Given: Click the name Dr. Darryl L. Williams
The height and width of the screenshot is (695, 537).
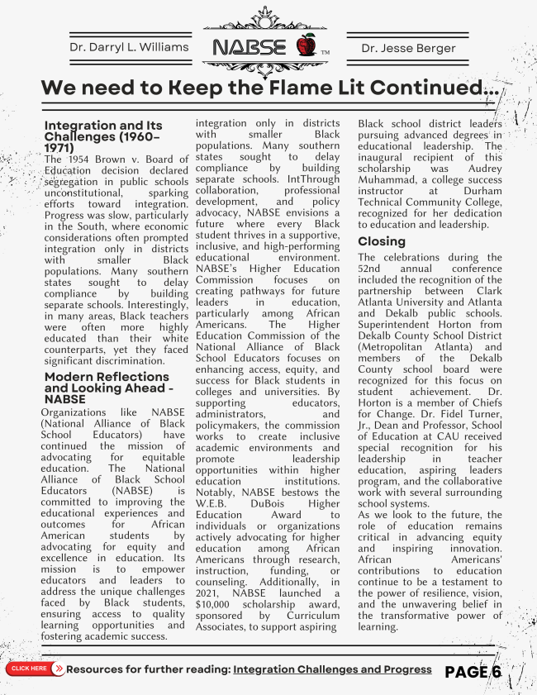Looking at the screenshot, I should (x=129, y=47).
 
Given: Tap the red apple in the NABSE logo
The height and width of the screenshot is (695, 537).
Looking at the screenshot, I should (x=306, y=45).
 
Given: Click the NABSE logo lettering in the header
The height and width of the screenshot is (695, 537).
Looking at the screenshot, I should (x=251, y=46).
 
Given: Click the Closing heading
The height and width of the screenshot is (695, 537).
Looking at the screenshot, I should (x=382, y=241).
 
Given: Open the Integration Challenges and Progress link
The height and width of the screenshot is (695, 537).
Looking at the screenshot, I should (x=332, y=669).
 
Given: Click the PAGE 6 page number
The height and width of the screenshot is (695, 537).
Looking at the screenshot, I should (x=473, y=672).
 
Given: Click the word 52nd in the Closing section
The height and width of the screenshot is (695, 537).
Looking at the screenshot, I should (x=374, y=269).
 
